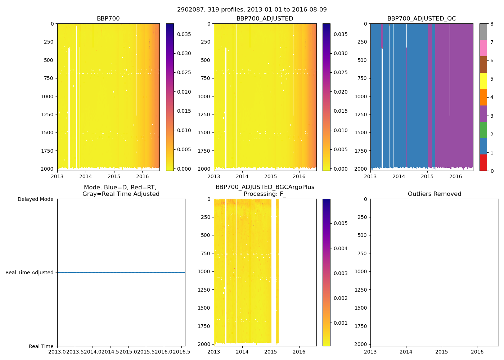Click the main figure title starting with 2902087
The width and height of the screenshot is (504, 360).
pyautogui.click(x=252, y=10)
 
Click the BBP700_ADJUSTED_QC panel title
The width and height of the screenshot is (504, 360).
pyautogui.click(x=421, y=19)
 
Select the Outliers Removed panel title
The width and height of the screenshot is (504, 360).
pyautogui.click(x=434, y=194)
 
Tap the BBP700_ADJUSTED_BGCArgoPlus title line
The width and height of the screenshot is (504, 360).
pyautogui.click(x=265, y=187)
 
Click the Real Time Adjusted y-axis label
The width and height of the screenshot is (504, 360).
pyautogui.click(x=30, y=273)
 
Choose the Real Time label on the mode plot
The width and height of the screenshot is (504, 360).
pyautogui.click(x=41, y=346)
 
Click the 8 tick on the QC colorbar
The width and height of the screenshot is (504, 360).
pyautogui.click(x=492, y=24)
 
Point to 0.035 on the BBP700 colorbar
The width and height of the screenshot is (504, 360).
pyautogui.click(x=184, y=34)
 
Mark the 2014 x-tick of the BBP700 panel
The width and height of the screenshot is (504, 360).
pyautogui.click(x=86, y=176)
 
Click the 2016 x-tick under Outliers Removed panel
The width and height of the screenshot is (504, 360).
pyautogui.click(x=477, y=352)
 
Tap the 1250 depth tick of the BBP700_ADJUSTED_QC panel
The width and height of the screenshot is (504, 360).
pyautogui.click(x=361, y=114)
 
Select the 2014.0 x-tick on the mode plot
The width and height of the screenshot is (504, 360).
pyautogui.click(x=93, y=352)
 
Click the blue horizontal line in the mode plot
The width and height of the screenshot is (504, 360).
pyautogui.click(x=121, y=273)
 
